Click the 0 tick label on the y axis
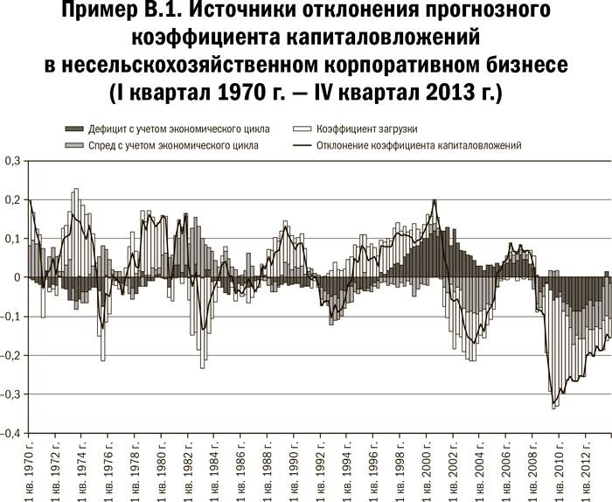[17, 277]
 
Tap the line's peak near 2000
[435, 200]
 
